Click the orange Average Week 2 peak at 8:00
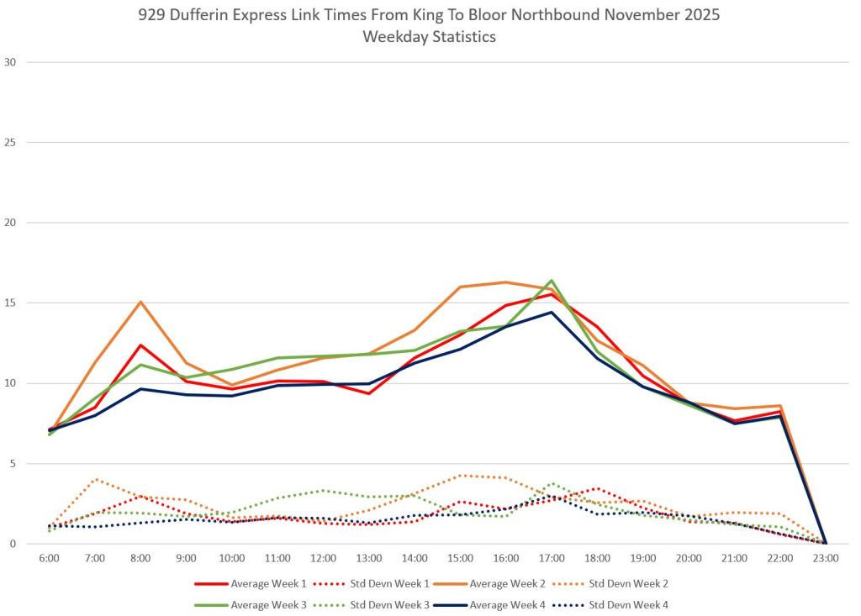coord(140,302)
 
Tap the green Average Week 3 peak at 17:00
coord(552,280)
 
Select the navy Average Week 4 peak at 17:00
coord(552,312)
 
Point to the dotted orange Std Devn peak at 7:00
coord(95,479)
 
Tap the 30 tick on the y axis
coord(11,62)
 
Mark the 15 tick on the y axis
coord(11,303)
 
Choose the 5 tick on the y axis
coord(13,464)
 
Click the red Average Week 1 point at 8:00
coord(140,345)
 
